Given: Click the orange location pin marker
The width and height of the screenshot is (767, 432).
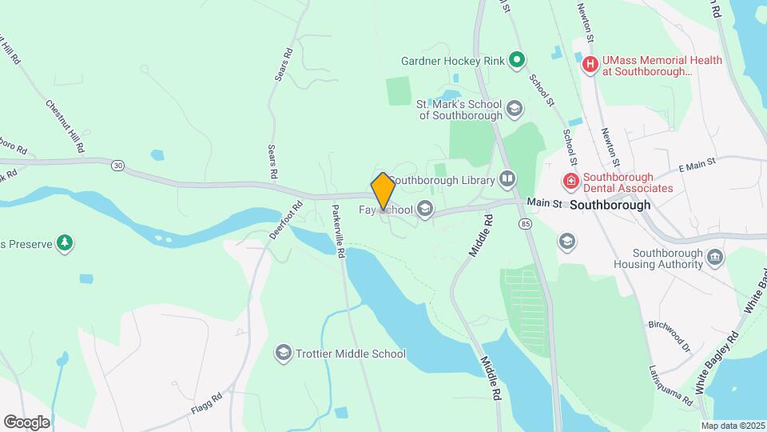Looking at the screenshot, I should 383,191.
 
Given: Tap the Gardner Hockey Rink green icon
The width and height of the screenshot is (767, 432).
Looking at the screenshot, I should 517,58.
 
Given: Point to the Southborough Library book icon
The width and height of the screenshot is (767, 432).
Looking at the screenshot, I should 507,178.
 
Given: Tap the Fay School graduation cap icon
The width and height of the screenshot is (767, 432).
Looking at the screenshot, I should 425,210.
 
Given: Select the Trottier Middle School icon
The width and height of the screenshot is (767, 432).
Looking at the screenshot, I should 283,353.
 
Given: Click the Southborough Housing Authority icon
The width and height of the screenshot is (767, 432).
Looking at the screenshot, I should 715,258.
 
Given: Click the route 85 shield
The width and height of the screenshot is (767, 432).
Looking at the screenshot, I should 524,222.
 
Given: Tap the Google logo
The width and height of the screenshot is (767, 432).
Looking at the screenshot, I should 26,422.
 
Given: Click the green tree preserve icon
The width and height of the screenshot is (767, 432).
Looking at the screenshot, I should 65,242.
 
